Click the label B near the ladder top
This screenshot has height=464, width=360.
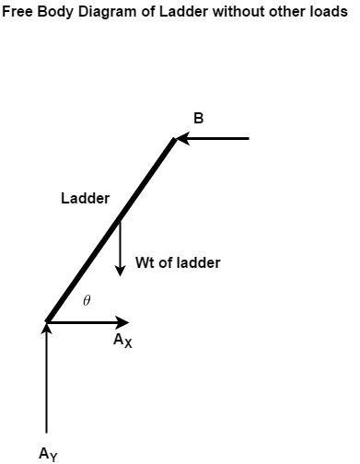coord(198,119)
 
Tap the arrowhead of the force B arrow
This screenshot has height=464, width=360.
coord(181,138)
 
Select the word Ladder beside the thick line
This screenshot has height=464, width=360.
coord(86,198)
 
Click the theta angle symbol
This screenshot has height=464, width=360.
coord(87,300)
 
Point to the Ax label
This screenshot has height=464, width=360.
coord(122,342)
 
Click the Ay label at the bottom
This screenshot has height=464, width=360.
coord(48,453)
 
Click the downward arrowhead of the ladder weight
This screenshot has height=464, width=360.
coord(120,270)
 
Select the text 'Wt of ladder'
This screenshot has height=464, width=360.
coord(178,262)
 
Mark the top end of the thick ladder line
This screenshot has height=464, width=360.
coord(174,139)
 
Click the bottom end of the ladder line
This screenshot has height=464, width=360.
coord(47,320)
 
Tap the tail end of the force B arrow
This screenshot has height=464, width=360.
coord(248,138)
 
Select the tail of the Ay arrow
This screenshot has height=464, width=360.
coord(46,431)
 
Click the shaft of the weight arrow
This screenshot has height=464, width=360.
coord(120,244)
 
